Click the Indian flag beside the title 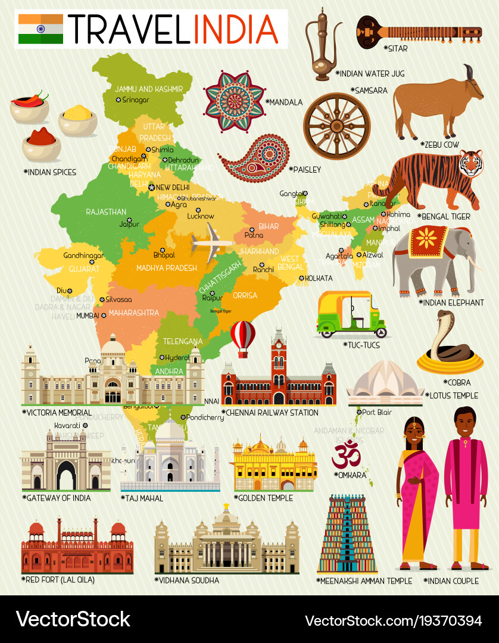point(40,29)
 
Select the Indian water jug point(323,45)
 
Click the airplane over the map point(212,241)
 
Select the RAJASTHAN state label point(106,211)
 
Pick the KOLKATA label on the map point(320,278)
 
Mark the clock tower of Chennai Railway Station point(279,351)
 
